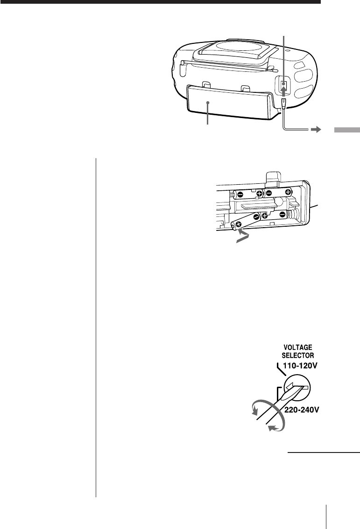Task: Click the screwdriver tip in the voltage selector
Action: click(x=297, y=389)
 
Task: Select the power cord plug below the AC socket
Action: click(x=283, y=102)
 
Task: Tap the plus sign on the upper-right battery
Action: click(x=288, y=192)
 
